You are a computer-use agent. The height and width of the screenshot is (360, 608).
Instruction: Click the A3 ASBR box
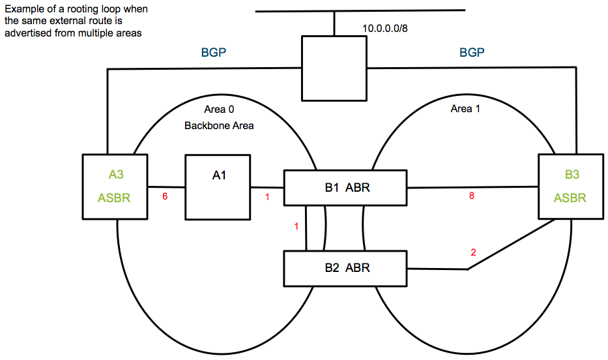pyautogui.click(x=115, y=186)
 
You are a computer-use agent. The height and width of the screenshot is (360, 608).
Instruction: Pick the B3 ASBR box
pyautogui.click(x=570, y=186)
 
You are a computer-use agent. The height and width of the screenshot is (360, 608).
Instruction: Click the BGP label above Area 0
pyautogui.click(x=213, y=52)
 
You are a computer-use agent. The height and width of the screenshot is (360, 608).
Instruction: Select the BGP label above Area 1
pyautogui.click(x=472, y=52)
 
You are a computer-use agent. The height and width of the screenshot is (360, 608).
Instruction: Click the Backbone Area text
pyautogui.click(x=218, y=125)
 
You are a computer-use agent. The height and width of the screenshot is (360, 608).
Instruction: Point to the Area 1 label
pyautogui.click(x=465, y=109)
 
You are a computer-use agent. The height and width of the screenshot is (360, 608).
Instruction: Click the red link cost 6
pyautogui.click(x=165, y=197)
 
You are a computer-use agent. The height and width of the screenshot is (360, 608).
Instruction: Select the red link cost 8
pyautogui.click(x=472, y=196)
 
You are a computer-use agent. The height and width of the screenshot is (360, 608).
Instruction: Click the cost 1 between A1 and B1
pyautogui.click(x=267, y=197)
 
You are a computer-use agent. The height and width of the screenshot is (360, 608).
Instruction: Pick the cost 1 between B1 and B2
pyautogui.click(x=297, y=227)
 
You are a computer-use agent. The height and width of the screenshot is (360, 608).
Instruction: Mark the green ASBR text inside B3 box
pyautogui.click(x=570, y=198)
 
